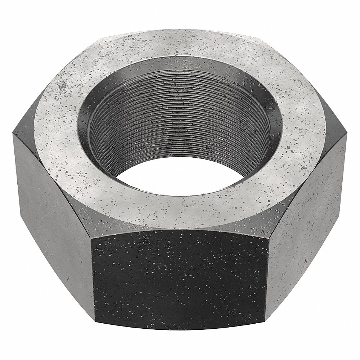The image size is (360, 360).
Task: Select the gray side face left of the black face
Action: (54, 202)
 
